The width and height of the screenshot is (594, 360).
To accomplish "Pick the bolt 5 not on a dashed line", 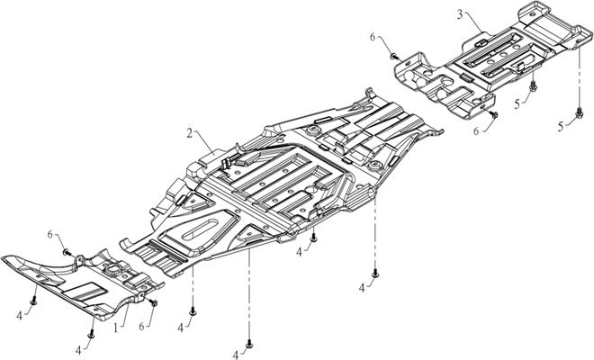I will pyautogui.click(x=533, y=87).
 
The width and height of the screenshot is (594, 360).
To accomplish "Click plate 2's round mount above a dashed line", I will pyautogui.click(x=373, y=169).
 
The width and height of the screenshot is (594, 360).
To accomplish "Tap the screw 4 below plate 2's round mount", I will pyautogui.click(x=374, y=272).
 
